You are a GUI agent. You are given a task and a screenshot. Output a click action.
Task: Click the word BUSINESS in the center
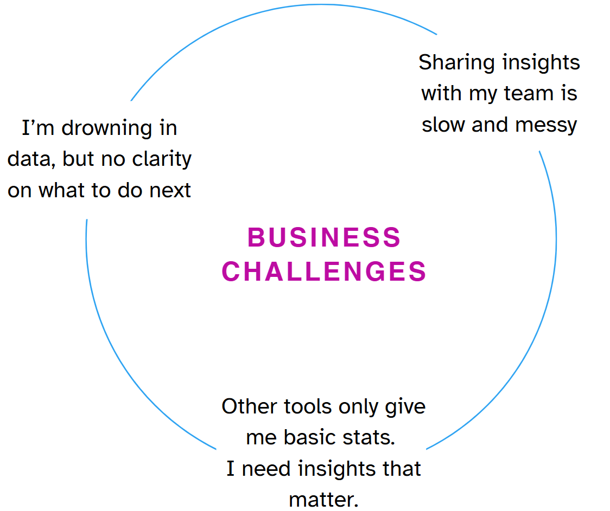324,238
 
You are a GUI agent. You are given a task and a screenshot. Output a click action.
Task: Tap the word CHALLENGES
324,271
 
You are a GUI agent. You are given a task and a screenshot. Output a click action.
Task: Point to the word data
31,160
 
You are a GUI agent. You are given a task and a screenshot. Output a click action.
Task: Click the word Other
250,406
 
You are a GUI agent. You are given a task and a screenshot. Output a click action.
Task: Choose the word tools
310,406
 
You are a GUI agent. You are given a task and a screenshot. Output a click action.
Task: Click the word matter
323,499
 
